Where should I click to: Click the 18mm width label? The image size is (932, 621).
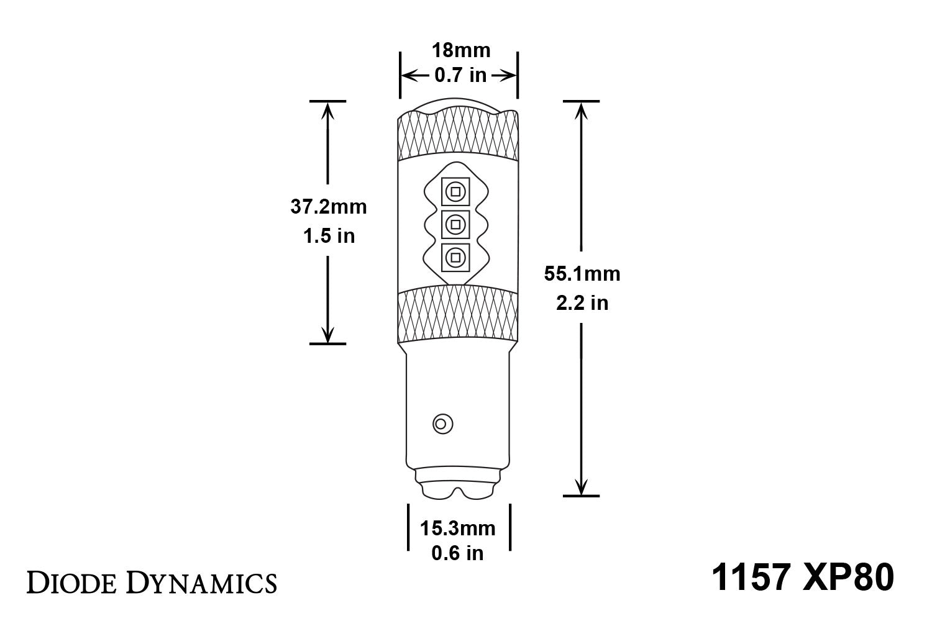click(460, 50)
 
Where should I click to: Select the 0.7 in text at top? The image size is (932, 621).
click(460, 75)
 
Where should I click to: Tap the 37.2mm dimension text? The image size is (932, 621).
click(329, 207)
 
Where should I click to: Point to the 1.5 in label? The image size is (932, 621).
click(329, 236)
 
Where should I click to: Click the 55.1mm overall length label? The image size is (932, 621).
click(582, 273)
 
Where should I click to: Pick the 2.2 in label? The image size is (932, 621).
click(582, 303)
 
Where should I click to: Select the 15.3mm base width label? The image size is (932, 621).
click(458, 528)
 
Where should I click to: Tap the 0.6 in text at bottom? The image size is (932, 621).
click(458, 553)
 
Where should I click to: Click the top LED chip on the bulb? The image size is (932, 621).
click(455, 191)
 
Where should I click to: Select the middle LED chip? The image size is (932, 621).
click(455, 224)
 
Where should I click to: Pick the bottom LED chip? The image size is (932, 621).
click(455, 256)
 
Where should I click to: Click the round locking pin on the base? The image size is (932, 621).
click(442, 424)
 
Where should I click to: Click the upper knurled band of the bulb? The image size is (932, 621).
click(458, 134)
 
